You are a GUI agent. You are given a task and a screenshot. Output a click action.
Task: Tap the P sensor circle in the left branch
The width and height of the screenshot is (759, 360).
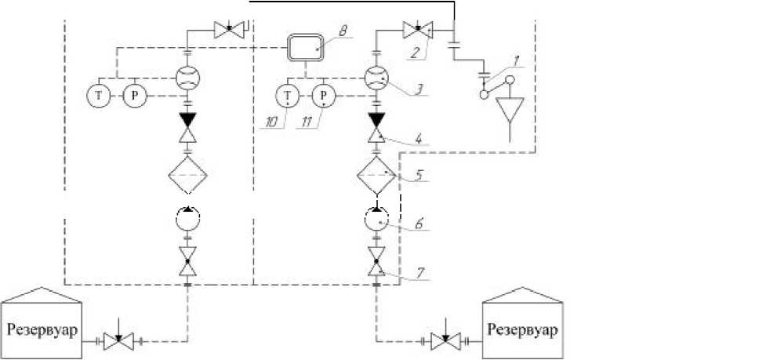pos(134,96)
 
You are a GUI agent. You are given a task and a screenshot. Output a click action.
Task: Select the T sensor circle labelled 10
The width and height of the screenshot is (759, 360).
pos(287,96)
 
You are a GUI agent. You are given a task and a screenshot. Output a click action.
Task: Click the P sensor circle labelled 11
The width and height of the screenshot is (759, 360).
pos(322,96)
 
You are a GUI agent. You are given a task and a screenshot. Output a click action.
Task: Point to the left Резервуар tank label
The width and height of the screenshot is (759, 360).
pos(43,329)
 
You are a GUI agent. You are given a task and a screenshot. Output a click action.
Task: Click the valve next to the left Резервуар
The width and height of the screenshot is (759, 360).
pos(118,341)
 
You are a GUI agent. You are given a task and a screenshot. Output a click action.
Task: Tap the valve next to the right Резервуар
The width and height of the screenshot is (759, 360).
pos(445,341)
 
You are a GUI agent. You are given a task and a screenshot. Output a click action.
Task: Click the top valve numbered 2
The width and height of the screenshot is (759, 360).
pos(418,31)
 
